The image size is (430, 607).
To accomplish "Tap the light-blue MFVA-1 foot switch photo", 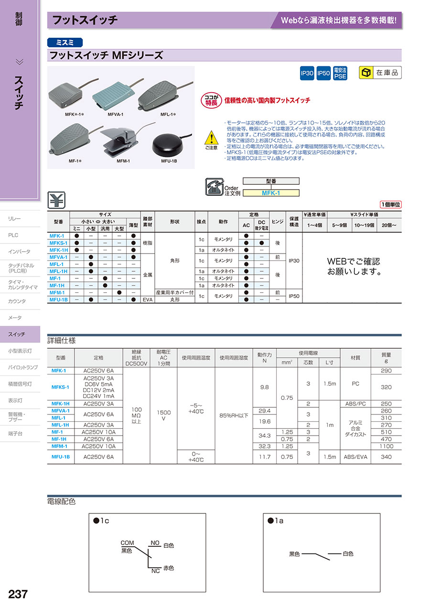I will [x=112, y=97].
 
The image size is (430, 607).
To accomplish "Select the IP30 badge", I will [x=307, y=73].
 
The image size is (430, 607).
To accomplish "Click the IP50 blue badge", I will [x=323, y=73].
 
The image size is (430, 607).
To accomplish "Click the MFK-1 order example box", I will [x=271, y=193].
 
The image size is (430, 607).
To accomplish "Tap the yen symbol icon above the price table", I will [x=57, y=200].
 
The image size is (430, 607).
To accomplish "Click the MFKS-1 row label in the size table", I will [x=58, y=243].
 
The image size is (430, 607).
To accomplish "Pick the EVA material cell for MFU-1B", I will [x=147, y=299].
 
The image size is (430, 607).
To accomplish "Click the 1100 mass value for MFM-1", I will [x=386, y=446].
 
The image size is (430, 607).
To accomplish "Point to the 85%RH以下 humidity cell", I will [x=234, y=415].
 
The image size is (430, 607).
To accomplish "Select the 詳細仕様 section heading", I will [x=61, y=341].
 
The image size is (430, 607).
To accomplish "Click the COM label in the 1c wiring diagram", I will [x=127, y=543].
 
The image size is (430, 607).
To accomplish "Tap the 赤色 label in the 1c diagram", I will [x=168, y=568].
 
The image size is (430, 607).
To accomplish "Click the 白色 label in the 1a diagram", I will [x=347, y=554].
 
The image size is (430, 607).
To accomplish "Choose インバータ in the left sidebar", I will [x=19, y=252].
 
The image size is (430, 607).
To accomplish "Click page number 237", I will [x=18, y=594].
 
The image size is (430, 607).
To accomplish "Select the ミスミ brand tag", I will [x=65, y=43].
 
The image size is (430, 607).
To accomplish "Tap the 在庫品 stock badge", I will [x=380, y=73].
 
